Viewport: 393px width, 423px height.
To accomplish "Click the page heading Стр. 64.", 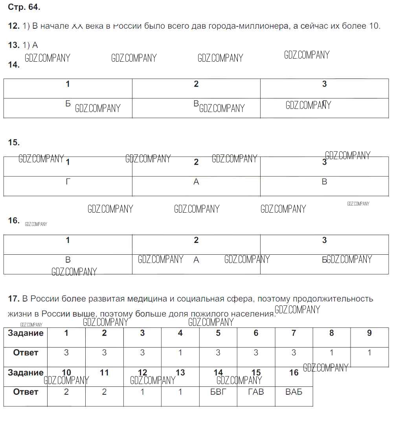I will coord(24,7).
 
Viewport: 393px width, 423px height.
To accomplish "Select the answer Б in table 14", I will coord(68,104).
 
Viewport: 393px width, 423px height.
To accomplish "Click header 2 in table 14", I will coord(196,84).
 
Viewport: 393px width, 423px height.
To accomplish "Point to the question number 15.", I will coord(14,142).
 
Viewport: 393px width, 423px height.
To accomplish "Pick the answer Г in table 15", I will coord(68,182).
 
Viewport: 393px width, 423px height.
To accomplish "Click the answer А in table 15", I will coord(196,182).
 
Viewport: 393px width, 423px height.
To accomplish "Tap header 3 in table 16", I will coord(324,240).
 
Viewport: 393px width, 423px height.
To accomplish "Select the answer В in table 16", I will coord(68,260).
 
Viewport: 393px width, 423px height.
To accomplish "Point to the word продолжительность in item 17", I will coord(336,299).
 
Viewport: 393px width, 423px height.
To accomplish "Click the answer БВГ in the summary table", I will coord(218,392).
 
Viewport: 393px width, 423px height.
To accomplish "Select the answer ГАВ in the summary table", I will coord(256,392).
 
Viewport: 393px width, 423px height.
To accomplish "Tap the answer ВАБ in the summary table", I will coord(294,392).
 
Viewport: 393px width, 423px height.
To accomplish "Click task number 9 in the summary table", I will coord(369,333).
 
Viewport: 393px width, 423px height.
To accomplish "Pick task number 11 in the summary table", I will coord(104,372).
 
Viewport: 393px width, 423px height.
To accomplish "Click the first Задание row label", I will coord(26,333).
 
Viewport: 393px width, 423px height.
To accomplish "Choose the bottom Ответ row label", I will coord(26,392).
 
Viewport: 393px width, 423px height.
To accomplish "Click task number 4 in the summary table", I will coord(180,333).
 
